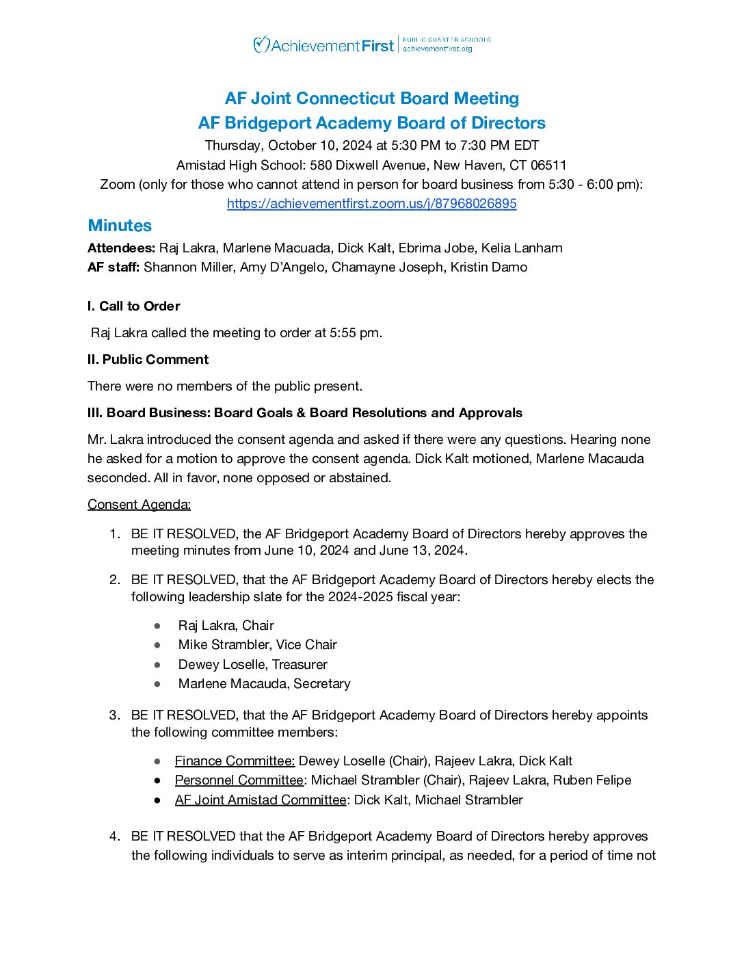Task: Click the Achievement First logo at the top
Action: click(323, 46)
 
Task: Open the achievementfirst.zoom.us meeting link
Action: click(371, 204)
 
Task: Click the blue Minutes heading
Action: click(120, 226)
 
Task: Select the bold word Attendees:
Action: click(121, 248)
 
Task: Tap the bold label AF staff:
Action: click(114, 267)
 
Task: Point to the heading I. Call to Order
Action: click(133, 306)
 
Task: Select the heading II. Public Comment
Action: click(148, 360)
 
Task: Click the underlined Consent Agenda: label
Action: click(139, 505)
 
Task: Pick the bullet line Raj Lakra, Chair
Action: click(226, 626)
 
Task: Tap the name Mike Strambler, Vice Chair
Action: click(257, 645)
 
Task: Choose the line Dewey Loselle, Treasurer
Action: click(252, 665)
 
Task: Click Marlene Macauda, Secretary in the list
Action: click(264, 684)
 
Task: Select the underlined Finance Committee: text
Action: click(235, 761)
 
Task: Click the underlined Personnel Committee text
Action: click(239, 780)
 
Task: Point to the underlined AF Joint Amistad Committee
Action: click(261, 800)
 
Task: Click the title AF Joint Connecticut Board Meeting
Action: click(372, 98)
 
